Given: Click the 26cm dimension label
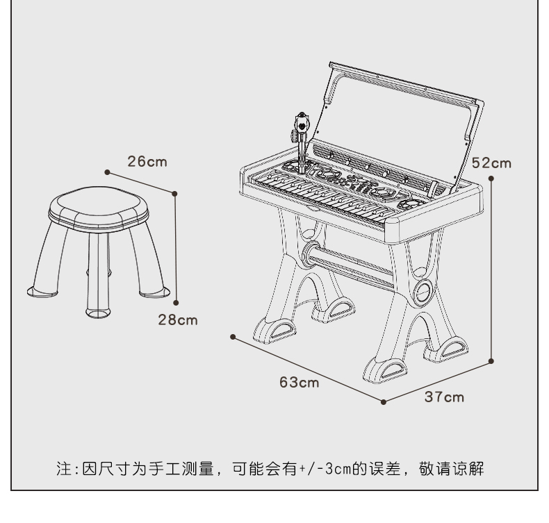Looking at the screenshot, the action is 147,162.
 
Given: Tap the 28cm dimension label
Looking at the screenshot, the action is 178,320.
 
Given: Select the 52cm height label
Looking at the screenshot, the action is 491,163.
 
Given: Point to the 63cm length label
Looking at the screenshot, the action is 300,383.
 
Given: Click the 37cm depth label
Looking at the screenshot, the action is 444,397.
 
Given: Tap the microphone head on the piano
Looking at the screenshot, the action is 302,122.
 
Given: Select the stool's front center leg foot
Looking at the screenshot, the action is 98,313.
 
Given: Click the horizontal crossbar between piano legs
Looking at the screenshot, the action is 350,267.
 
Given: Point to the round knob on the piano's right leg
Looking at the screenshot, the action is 423,292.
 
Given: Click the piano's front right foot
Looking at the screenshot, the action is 385,371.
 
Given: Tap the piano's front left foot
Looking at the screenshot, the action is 275,331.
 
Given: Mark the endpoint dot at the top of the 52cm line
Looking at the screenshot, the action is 491,179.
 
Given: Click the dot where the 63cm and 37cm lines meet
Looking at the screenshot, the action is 384,402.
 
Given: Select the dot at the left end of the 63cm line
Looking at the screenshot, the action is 233,337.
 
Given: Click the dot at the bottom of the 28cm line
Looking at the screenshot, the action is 176,303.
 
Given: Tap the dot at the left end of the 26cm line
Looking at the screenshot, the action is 107,172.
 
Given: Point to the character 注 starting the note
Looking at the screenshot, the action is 64,469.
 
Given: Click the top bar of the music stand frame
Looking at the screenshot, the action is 406,82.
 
